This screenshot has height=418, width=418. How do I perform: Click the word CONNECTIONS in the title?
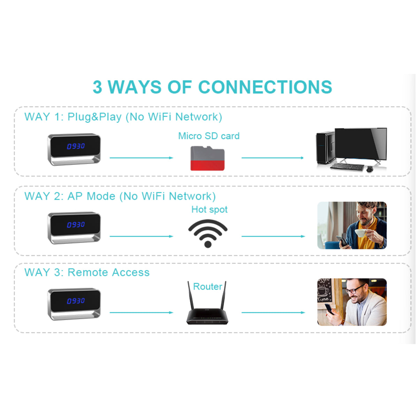265,87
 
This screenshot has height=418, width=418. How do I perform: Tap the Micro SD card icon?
207,158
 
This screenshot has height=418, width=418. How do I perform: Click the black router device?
207,315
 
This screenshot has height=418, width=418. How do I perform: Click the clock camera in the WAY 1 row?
74,149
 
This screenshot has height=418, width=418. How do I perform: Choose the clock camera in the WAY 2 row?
74,228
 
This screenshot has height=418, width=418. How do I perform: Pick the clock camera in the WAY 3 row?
74,304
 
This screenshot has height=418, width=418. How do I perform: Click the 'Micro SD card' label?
209,136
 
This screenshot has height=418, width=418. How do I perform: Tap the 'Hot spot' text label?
209,209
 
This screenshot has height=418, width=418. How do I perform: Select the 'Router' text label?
208,286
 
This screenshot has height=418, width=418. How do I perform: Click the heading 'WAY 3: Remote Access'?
87,272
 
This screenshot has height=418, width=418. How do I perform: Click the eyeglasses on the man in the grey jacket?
355,289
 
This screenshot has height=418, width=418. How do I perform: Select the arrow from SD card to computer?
272,158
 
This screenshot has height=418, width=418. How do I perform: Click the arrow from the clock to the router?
141,312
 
